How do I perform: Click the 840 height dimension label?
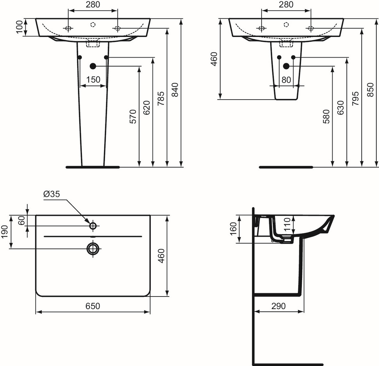click(x=175, y=90)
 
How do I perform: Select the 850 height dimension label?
click(x=370, y=90)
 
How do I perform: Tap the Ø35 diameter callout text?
click(x=51, y=194)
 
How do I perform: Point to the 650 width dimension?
click(x=93, y=306)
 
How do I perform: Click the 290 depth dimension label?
click(x=278, y=306)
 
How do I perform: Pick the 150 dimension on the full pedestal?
click(x=93, y=79)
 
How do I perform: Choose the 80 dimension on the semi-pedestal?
click(x=286, y=80)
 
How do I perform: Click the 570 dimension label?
click(x=133, y=117)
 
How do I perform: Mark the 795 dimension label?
click(x=355, y=99)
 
